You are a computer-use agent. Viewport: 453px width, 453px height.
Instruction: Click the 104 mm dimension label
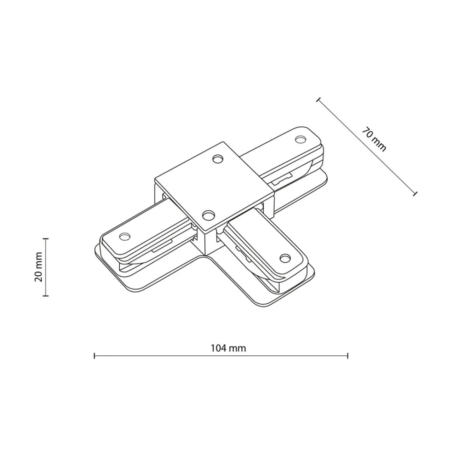228,348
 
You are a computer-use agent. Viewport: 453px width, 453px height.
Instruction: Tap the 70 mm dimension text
374,139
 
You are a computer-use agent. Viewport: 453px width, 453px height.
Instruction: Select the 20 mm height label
38,267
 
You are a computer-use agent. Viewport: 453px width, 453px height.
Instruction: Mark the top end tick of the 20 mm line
46,239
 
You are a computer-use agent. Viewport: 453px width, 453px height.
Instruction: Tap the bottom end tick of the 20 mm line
46,296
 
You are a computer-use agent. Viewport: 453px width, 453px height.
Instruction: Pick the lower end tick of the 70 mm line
415,194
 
